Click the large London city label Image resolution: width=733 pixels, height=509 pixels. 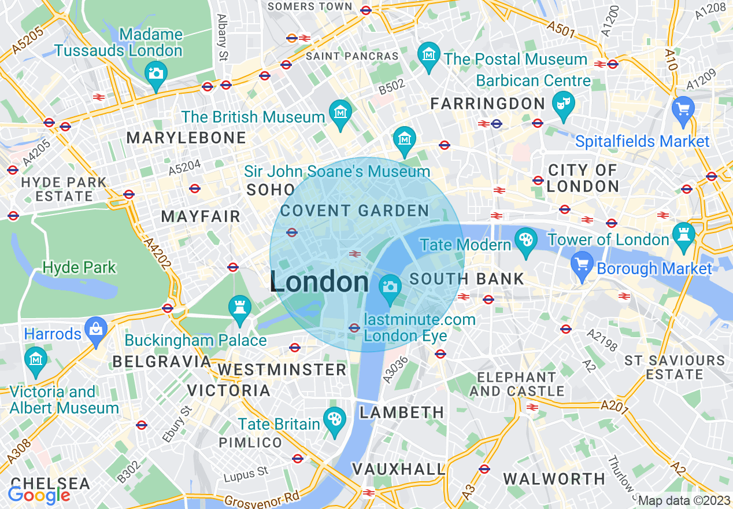pos(319,282)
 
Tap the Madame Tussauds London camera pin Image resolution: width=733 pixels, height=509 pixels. pos(156,74)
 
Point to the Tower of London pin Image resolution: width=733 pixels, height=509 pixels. pos(684,235)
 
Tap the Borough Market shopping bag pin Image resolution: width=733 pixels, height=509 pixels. pos(582,264)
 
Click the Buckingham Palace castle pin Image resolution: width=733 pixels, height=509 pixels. pos(239,307)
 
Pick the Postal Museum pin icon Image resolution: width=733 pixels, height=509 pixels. pos(428,56)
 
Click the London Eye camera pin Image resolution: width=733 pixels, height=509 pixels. pos(390,287)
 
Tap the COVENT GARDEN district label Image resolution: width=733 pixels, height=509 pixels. pos(354,211)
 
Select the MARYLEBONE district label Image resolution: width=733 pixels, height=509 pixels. pos(186,138)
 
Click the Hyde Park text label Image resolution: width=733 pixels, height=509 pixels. pos(80,267)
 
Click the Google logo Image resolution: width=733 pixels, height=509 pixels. pos(39,495)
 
